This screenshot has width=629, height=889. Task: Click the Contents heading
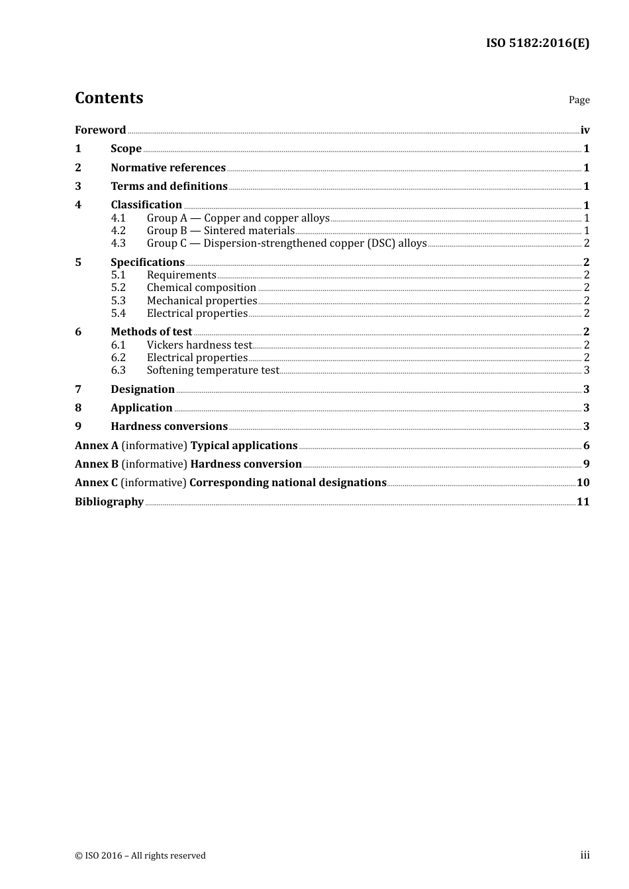pyautogui.click(x=109, y=98)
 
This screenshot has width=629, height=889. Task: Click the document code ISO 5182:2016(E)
pyautogui.click(x=538, y=43)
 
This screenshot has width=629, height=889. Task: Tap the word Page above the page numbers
pyautogui.click(x=579, y=100)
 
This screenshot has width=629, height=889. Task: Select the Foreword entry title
pyautogui.click(x=100, y=130)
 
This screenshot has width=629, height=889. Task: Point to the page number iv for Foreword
pyautogui.click(x=585, y=130)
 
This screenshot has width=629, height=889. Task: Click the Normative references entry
pyautogui.click(x=168, y=167)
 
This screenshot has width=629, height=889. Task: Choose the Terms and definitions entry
pyautogui.click(x=169, y=186)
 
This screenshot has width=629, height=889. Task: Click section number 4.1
pyautogui.click(x=118, y=218)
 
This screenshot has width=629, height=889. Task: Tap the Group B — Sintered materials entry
pyautogui.click(x=220, y=230)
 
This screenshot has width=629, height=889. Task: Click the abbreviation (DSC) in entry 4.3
pyautogui.click(x=381, y=243)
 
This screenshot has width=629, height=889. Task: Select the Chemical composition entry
pyautogui.click(x=201, y=287)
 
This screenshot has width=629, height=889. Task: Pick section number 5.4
pyautogui.click(x=118, y=313)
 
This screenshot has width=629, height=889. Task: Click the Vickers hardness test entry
pyautogui.click(x=199, y=345)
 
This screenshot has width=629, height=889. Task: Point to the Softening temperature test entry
pyautogui.click(x=213, y=370)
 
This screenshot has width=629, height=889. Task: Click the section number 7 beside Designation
pyautogui.click(x=78, y=389)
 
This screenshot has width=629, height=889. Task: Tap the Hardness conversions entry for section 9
pyautogui.click(x=169, y=426)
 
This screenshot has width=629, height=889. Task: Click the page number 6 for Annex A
pyautogui.click(x=586, y=445)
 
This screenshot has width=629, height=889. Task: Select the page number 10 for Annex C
pyautogui.click(x=583, y=482)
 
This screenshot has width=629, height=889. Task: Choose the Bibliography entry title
pyautogui.click(x=109, y=501)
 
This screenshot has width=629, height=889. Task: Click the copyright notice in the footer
pyautogui.click(x=140, y=855)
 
